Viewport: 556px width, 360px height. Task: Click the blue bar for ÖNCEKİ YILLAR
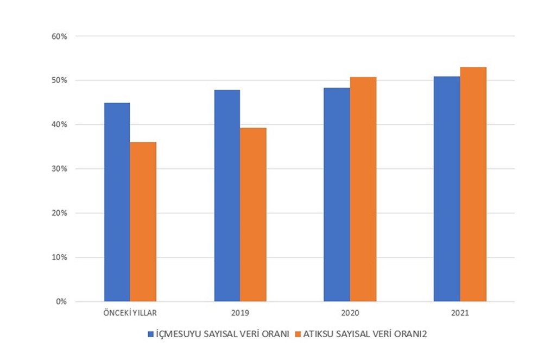click(117, 202)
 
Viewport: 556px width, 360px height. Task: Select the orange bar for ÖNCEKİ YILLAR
click(143, 222)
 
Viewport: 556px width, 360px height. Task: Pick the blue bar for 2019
click(227, 195)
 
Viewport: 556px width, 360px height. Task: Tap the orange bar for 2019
click(254, 214)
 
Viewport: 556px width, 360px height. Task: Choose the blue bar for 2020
click(337, 194)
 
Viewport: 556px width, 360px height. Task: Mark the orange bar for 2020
click(363, 189)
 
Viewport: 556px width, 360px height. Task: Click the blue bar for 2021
click(446, 188)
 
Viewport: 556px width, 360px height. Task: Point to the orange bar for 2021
click(473, 184)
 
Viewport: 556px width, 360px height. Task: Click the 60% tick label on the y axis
click(59, 36)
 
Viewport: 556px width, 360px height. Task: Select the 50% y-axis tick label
click(59, 80)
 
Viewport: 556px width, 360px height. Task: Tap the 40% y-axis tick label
click(59, 125)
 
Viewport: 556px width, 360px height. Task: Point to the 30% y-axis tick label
click(59, 169)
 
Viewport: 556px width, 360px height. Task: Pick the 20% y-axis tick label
click(59, 213)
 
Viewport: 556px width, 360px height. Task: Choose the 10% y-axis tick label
click(59, 257)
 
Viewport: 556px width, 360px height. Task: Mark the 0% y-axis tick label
click(61, 301)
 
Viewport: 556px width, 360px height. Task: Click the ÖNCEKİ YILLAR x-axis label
click(130, 314)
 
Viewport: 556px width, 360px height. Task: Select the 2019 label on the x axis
click(241, 314)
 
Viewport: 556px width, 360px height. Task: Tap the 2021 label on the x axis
click(460, 314)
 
